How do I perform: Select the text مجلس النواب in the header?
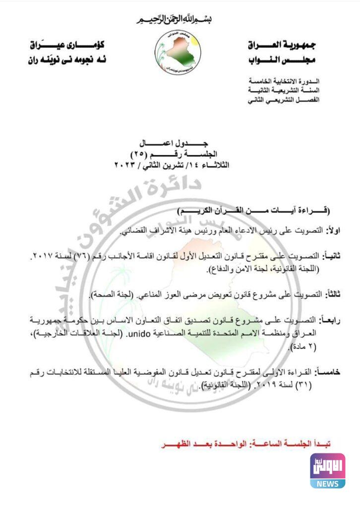pos(283,61)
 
